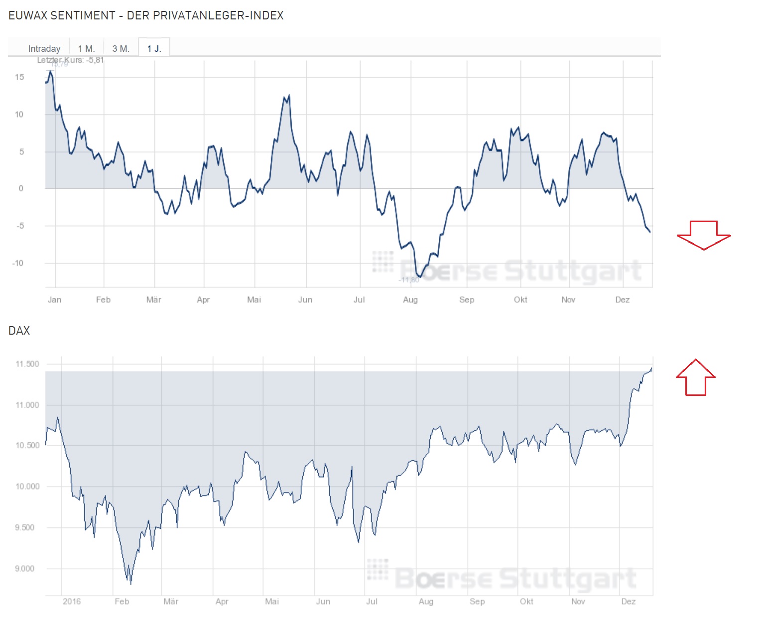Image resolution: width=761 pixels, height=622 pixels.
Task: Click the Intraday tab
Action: (x=44, y=48)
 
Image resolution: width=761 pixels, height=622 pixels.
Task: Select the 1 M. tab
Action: (x=86, y=48)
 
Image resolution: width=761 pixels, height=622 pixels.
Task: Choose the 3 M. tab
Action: (x=121, y=48)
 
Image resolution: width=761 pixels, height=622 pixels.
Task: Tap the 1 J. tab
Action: (x=154, y=48)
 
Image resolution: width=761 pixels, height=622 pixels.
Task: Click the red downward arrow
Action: (x=703, y=235)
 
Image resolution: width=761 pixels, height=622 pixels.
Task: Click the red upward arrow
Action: (x=695, y=377)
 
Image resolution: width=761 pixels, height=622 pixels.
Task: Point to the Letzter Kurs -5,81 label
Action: (x=70, y=60)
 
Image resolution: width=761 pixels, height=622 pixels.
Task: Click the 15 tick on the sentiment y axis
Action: (x=19, y=77)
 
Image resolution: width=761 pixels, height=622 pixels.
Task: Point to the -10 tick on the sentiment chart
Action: (x=18, y=263)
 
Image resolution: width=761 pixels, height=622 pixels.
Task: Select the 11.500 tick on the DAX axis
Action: (x=27, y=364)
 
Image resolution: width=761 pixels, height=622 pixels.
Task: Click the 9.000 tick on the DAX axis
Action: (x=25, y=569)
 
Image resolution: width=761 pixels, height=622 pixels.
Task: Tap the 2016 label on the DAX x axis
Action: (x=72, y=602)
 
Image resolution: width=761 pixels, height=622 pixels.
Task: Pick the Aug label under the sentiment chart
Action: (x=410, y=300)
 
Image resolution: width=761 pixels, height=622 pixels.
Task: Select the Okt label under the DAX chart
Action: (x=526, y=602)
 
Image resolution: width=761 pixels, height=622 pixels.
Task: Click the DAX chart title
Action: (x=19, y=331)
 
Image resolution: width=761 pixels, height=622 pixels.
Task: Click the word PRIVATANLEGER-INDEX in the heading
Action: (x=218, y=15)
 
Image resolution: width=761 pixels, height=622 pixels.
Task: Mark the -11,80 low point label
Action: (x=408, y=280)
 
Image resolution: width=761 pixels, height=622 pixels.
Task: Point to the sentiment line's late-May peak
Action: (x=289, y=95)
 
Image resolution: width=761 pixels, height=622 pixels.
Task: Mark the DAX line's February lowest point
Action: (x=130, y=583)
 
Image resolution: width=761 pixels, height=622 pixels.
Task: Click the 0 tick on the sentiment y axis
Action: (x=21, y=188)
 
